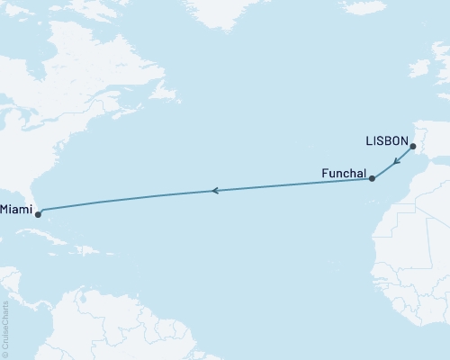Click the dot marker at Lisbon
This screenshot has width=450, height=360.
(411, 147)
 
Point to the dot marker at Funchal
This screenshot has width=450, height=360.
(372, 179)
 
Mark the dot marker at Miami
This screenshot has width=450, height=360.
(38, 214)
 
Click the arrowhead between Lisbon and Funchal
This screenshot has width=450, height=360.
(396, 163)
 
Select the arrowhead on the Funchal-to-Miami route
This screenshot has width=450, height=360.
(214, 190)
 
